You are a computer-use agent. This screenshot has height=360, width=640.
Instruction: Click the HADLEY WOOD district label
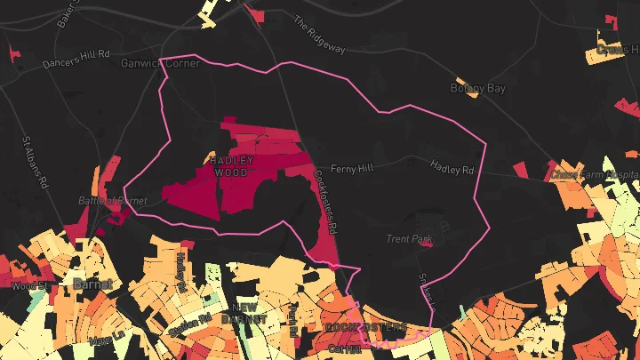[232, 166]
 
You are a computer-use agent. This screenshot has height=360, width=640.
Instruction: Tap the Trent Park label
[408, 239]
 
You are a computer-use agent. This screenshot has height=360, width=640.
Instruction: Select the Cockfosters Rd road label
[326, 204]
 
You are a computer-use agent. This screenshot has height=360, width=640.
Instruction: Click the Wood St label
[24, 286]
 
